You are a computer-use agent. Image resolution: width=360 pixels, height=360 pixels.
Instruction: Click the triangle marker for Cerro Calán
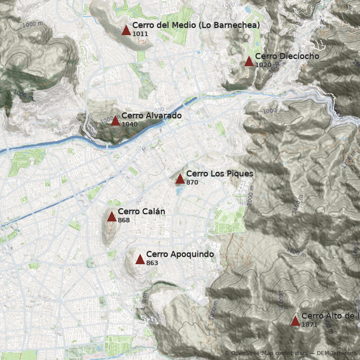pyautogui.click(x=112, y=216)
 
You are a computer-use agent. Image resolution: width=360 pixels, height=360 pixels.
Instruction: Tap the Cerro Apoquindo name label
pyautogui.click(x=180, y=254)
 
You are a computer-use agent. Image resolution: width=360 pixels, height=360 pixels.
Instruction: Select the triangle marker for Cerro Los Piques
pyautogui.click(x=180, y=179)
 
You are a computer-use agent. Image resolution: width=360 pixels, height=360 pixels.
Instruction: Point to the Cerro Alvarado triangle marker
pyautogui.click(x=115, y=121)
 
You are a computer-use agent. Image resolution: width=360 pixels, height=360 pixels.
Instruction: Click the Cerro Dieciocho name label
pyautogui.click(x=287, y=56)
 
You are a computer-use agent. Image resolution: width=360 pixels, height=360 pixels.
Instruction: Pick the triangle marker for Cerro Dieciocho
pyautogui.click(x=249, y=61)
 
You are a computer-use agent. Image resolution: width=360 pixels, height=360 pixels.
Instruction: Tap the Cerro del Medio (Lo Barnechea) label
pyautogui.click(x=196, y=25)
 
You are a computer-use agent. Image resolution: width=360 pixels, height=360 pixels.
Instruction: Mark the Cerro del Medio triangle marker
pyautogui.click(x=126, y=30)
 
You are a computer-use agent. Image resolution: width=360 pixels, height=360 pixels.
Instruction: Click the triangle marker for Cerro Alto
pyautogui.click(x=295, y=321)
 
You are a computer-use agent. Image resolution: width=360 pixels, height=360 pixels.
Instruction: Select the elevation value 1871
pyautogui.click(x=310, y=324)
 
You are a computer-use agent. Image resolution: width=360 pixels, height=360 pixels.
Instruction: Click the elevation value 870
pyautogui.click(x=192, y=182)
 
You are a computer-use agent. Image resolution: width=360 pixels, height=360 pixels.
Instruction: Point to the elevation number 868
pyautogui.click(x=124, y=220)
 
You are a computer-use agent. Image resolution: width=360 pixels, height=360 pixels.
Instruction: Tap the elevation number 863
pyautogui.click(x=152, y=263)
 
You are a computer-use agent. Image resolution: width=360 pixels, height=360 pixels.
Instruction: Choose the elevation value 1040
pyautogui.click(x=130, y=124)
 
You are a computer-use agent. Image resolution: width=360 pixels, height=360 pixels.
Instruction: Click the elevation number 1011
pyautogui.click(x=140, y=34)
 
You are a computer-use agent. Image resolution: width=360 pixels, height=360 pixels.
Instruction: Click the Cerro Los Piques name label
pyautogui.click(x=220, y=174)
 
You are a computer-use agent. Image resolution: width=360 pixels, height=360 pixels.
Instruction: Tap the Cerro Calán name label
pyautogui.click(x=141, y=211)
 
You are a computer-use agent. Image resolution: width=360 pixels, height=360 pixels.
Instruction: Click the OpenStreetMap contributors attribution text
pyautogui.click(x=268, y=353)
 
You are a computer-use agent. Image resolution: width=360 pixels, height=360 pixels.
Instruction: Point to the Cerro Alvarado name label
pyautogui.click(x=151, y=116)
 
